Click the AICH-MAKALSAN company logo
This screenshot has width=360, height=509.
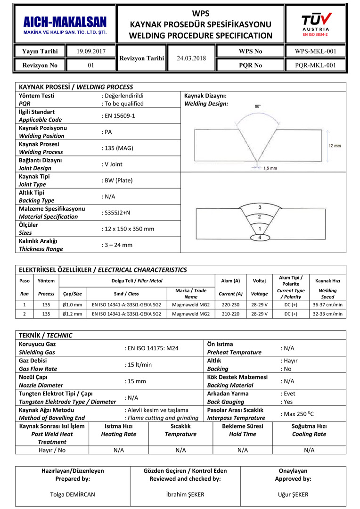coord(65,25)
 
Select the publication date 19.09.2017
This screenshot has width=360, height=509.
coord(91,51)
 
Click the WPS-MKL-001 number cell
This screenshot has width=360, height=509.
coord(315,51)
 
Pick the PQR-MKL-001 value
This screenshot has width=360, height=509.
coord(315,66)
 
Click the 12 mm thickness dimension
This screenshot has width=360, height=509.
coord(334,146)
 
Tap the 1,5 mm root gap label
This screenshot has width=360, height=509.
coord(270,168)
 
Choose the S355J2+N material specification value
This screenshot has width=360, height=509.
coord(117,213)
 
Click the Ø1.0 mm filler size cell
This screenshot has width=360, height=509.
coord(72,304)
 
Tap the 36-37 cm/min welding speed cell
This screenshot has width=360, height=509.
coord(327,304)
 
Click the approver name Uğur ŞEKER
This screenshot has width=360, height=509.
coord(293,494)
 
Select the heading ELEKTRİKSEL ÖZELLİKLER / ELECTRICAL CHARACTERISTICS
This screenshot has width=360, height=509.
coord(103,270)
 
